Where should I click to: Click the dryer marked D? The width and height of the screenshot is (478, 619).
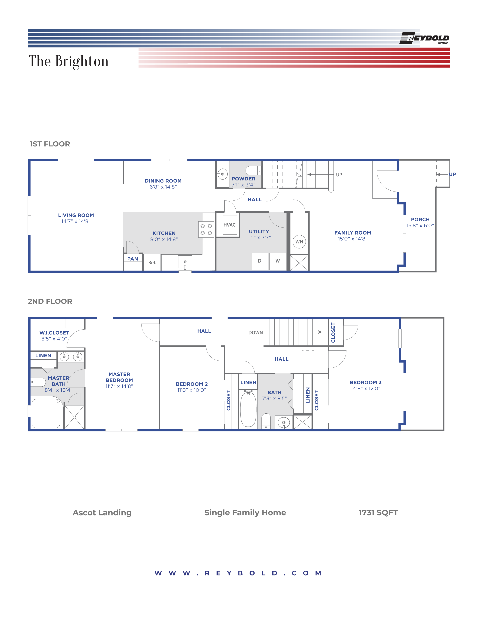click(259, 261)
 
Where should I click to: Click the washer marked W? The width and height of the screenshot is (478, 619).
click(277, 261)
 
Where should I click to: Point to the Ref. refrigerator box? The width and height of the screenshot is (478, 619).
click(152, 262)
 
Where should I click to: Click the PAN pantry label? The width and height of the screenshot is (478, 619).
click(133, 259)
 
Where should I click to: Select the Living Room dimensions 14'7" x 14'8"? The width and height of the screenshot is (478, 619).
click(76, 221)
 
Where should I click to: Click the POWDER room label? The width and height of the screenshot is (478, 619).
click(243, 179)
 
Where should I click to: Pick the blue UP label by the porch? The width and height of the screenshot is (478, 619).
click(452, 174)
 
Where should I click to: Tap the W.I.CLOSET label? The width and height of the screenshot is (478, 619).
click(54, 333)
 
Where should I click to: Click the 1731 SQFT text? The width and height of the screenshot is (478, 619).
click(378, 512)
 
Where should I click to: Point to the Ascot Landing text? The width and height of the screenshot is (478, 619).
click(102, 512)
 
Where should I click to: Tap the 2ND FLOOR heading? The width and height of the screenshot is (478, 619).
click(50, 301)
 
